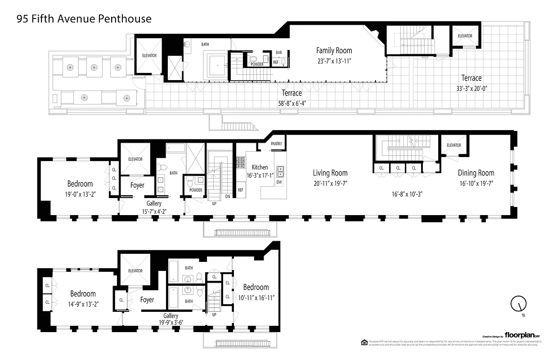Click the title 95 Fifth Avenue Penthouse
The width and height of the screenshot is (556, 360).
click(x=84, y=19)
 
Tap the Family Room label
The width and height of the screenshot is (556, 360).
click(x=334, y=50)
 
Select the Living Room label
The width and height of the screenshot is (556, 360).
click(x=330, y=173)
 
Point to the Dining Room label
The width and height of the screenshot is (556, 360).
click(x=476, y=173)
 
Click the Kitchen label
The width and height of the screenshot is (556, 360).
click(x=260, y=167)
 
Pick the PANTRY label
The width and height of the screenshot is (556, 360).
click(x=276, y=144)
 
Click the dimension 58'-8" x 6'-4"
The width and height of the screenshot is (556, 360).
click(x=291, y=103)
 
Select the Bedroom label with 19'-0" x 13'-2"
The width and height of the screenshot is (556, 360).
click(x=80, y=184)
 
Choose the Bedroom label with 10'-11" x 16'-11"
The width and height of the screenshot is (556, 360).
click(x=256, y=287)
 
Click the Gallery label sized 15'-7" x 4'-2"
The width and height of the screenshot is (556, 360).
click(x=154, y=204)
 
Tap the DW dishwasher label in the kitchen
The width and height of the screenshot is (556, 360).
click(x=279, y=182)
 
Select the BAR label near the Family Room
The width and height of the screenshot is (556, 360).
click(x=279, y=53)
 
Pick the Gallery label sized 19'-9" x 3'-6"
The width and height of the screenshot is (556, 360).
click(x=171, y=316)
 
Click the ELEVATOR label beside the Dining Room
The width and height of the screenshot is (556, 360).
click(x=454, y=145)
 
